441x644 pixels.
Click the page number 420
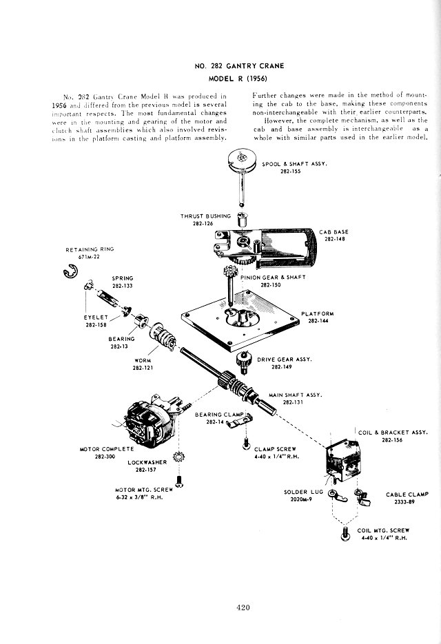240,607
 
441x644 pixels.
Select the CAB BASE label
336,231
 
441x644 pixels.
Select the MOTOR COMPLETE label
106,449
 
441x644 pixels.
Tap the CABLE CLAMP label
407,494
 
